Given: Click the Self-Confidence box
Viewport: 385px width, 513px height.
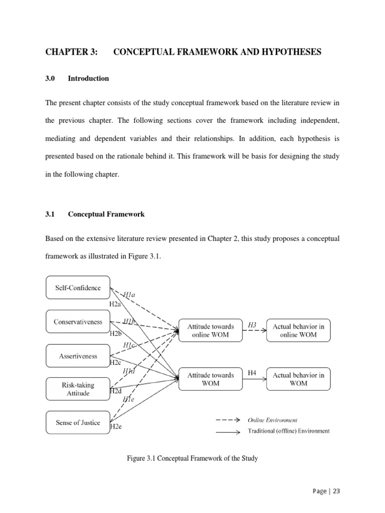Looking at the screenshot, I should point(78,288).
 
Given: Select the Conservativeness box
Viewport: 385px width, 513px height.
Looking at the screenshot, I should point(78,322).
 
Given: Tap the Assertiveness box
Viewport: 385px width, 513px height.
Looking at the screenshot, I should point(78,356).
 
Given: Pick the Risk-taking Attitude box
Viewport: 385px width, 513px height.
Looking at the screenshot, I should point(78,389).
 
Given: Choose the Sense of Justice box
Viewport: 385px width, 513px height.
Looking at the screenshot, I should point(78,423).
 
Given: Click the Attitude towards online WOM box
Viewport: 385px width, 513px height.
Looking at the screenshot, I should point(211,330).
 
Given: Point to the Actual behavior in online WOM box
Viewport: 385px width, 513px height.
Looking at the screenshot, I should point(298,330).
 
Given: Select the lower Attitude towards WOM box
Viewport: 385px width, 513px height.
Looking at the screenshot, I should point(211,379).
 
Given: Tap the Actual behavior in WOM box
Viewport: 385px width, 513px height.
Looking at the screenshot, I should point(298,379).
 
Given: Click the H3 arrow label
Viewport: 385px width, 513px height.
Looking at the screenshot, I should point(252,326).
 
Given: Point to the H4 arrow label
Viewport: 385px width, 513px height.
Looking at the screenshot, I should point(252,373).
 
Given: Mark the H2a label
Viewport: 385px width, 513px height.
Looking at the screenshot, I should point(116,304).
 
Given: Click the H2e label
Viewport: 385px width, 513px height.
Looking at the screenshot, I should point(116,427).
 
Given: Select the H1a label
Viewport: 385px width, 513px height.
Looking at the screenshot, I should point(129,296).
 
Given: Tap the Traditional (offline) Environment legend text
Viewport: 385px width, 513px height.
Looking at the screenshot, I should point(289,431).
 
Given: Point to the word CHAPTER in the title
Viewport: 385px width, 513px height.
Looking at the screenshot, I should point(67,52).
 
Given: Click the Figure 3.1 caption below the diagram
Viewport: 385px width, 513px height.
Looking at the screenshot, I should point(192,458).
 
